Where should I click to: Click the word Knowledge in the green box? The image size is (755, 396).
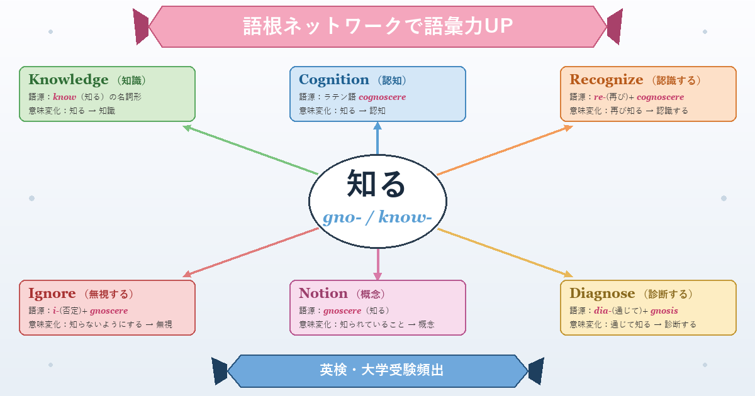coord(69,80)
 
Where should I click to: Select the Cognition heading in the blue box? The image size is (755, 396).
coord(334,80)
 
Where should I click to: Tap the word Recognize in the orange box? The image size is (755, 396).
coord(607,80)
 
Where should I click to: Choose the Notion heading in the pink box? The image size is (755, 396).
coord(323,294)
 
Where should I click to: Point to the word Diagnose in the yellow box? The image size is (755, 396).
coord(602,294)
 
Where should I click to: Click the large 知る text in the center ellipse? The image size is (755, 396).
coord(377,184)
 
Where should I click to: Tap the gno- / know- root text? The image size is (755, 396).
coord(377,217)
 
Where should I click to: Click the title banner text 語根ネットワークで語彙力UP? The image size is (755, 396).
coord(377,26)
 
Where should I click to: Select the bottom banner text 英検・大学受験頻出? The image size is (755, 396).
coord(377,370)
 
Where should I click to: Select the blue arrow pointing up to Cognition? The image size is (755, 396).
coord(377,138)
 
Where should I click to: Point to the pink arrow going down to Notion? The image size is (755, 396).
coord(377,264)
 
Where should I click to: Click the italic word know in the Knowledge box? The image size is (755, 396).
coord(64,97)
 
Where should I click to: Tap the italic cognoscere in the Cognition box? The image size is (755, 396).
coord(382,97)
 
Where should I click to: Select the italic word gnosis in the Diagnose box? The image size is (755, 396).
coord(664,311)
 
